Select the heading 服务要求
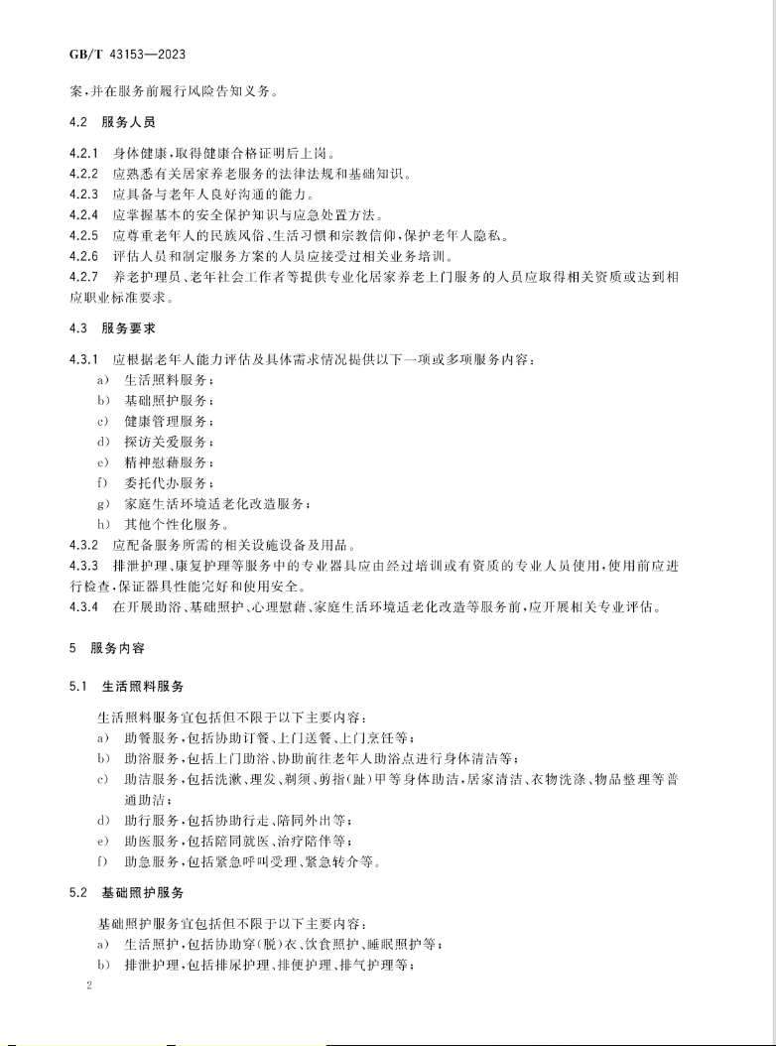pos(129,327)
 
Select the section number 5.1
pos(79,685)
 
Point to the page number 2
pos(89,988)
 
